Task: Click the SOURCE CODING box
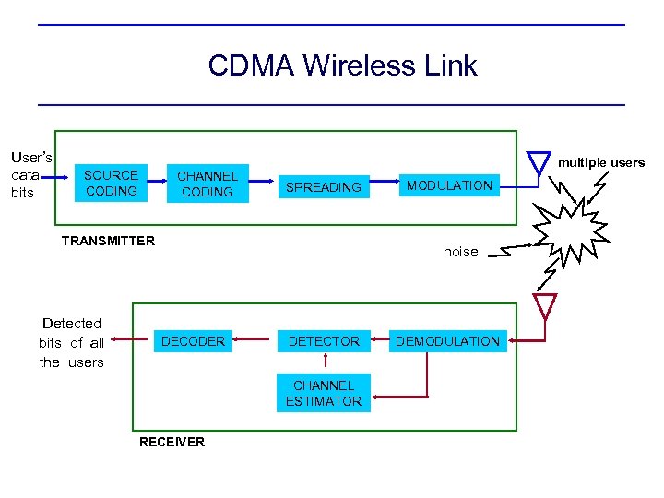click(x=111, y=183)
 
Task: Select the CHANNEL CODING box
click(x=207, y=184)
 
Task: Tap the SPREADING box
click(x=324, y=187)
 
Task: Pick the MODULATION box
click(x=450, y=186)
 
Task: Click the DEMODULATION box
click(x=447, y=341)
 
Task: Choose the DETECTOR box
click(x=324, y=341)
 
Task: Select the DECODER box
click(x=193, y=341)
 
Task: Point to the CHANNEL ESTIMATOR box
click(x=324, y=393)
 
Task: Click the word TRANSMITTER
click(x=108, y=241)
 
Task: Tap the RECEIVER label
click(x=172, y=442)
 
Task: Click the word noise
click(x=461, y=252)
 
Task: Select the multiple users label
click(x=601, y=162)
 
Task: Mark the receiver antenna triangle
click(x=546, y=305)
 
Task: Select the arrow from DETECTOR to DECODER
click(x=252, y=342)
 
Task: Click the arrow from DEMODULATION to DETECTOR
click(x=378, y=342)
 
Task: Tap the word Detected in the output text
click(x=72, y=323)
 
